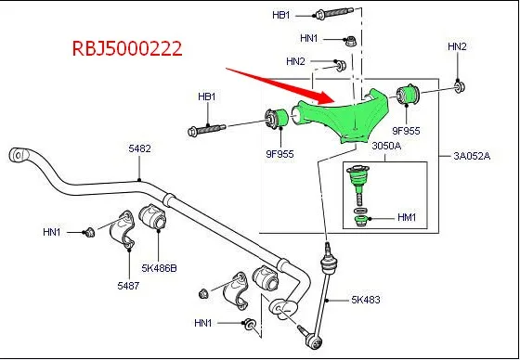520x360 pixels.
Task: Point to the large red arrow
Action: click(279, 83)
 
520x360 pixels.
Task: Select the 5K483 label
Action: click(368, 300)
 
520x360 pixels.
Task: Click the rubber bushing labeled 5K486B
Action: click(152, 220)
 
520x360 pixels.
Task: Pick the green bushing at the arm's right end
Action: click(408, 94)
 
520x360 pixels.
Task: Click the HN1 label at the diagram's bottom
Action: click(203, 324)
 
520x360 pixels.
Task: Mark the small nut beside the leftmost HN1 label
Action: click(90, 233)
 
